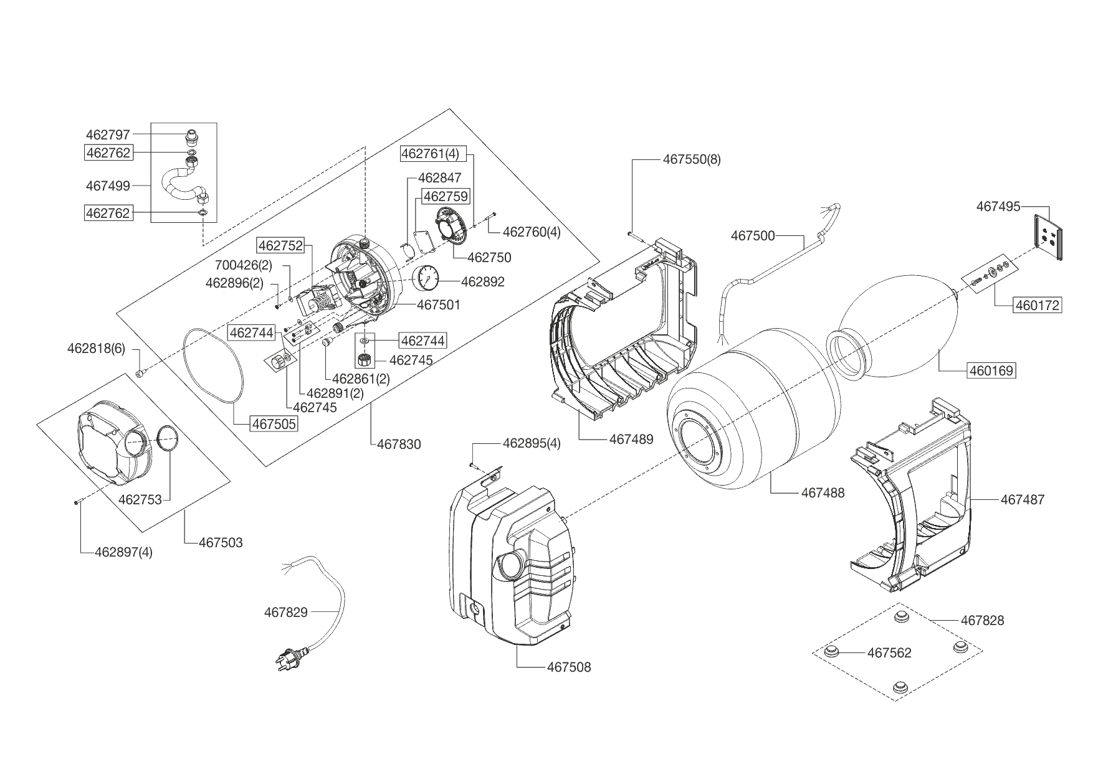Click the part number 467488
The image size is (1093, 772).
click(823, 492)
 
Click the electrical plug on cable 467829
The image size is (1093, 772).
click(290, 657)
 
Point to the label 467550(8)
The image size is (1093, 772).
click(692, 159)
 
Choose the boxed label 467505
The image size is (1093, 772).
click(274, 424)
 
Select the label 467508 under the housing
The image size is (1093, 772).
click(569, 667)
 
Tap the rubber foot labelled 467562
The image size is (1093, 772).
click(830, 652)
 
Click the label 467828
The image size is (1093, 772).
click(982, 620)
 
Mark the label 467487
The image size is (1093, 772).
click(1023, 499)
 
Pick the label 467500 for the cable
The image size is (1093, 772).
click(753, 236)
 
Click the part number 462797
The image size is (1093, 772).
click(108, 134)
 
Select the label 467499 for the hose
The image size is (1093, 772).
click(108, 186)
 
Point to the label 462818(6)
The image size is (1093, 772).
click(96, 349)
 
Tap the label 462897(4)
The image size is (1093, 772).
click(123, 552)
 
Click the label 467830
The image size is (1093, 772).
click(399, 445)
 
